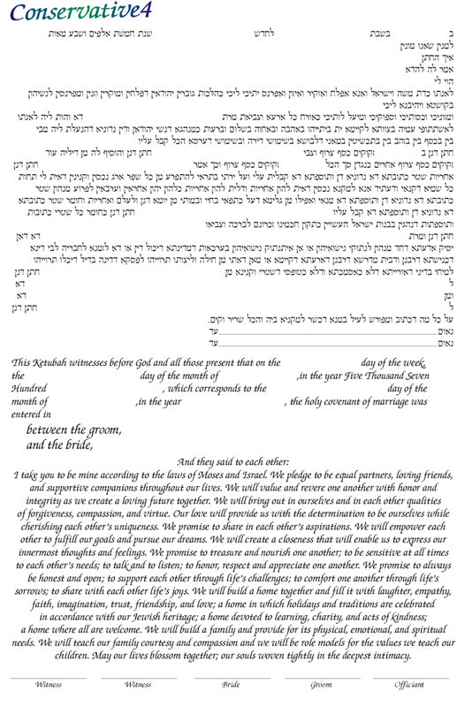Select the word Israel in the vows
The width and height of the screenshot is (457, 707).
[320, 475]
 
